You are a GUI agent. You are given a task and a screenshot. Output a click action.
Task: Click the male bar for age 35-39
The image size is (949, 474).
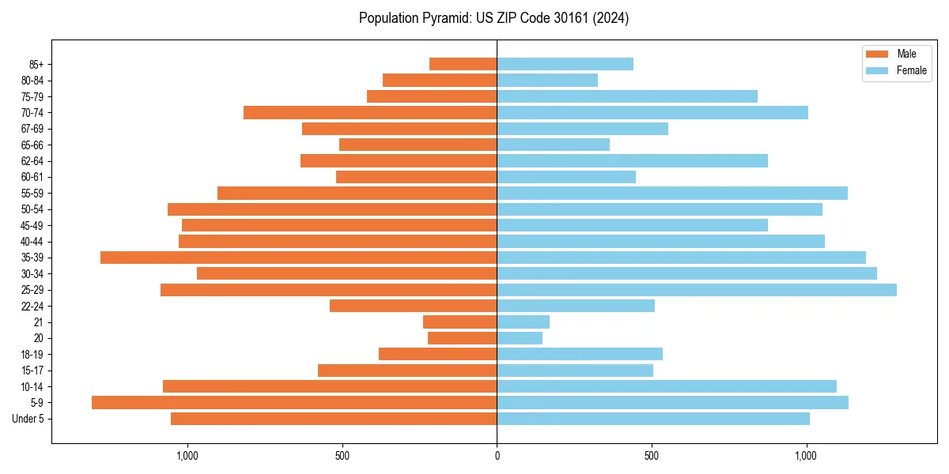click(298, 258)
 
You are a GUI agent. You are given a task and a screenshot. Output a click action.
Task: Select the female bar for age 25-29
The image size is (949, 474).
click(696, 290)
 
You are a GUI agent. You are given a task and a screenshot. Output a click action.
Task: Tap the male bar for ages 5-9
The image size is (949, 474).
click(294, 403)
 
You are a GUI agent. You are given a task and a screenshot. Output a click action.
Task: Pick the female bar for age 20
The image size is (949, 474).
click(520, 338)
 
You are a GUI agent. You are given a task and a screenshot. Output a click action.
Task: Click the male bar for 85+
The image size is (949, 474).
click(463, 64)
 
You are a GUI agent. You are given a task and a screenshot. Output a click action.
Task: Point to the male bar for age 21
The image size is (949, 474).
click(459, 322)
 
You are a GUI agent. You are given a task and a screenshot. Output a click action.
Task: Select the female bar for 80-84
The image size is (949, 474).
click(547, 81)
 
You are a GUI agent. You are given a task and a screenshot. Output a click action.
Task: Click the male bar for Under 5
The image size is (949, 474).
click(334, 419)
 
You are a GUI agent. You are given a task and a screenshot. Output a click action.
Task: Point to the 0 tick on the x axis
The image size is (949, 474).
click(497, 456)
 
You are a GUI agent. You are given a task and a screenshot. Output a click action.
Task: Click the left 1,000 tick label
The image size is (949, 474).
click(187, 456)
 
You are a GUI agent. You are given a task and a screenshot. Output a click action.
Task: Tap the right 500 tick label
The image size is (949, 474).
click(651, 456)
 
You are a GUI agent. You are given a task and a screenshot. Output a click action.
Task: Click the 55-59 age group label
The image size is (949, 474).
click(32, 194)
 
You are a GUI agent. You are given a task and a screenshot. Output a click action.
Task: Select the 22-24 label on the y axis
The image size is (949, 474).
click(32, 307)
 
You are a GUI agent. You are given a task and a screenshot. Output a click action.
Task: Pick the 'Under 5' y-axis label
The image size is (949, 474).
click(28, 419)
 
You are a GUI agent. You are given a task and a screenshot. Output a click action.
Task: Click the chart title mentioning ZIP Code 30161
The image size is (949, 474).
click(493, 18)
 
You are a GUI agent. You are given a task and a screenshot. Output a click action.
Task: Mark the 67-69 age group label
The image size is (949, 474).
click(32, 129)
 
